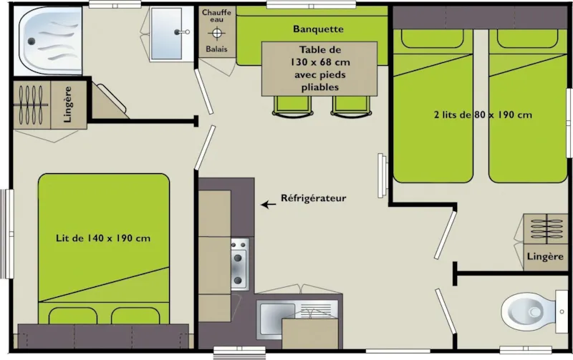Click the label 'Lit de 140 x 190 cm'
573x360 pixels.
(103, 238)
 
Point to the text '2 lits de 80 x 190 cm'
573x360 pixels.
(483, 115)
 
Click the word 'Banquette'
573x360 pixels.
(319, 29)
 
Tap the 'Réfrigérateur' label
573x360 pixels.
(314, 198)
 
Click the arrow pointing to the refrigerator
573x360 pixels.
(269, 205)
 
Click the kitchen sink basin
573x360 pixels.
(276, 315)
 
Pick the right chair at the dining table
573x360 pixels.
(349, 105)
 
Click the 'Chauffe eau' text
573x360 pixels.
(216, 16)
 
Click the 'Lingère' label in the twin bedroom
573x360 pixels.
(546, 256)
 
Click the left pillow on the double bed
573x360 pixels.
(72, 316)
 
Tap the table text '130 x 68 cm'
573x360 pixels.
(320, 62)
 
